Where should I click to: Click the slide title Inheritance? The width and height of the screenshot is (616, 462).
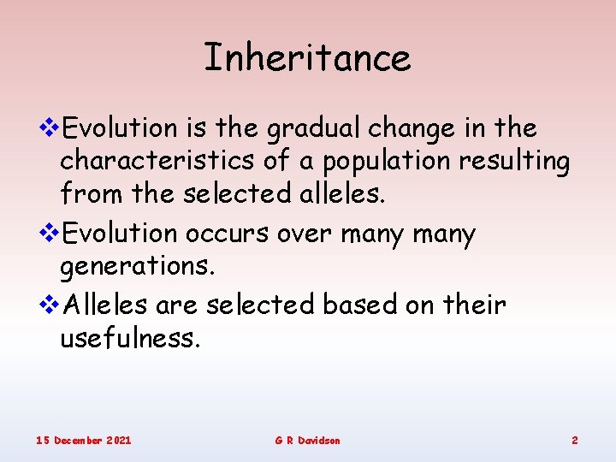coord(307,57)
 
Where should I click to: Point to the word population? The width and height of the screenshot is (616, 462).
coord(364,162)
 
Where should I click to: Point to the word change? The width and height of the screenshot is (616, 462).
coord(419,129)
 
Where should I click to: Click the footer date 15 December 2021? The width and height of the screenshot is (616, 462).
coord(83,440)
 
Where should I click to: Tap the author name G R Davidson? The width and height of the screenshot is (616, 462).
coord(307,440)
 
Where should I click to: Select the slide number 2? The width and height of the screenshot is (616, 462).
coord(574,440)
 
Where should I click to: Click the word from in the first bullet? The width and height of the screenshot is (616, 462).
coord(92,193)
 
